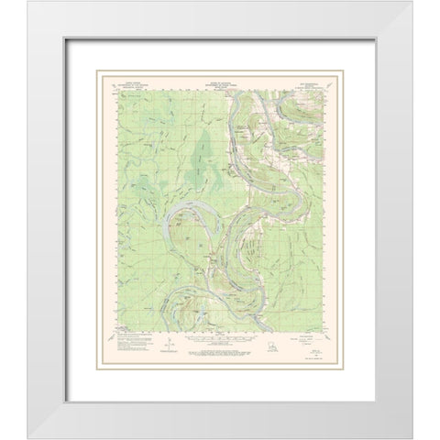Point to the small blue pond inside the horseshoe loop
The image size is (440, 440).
[192, 246]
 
